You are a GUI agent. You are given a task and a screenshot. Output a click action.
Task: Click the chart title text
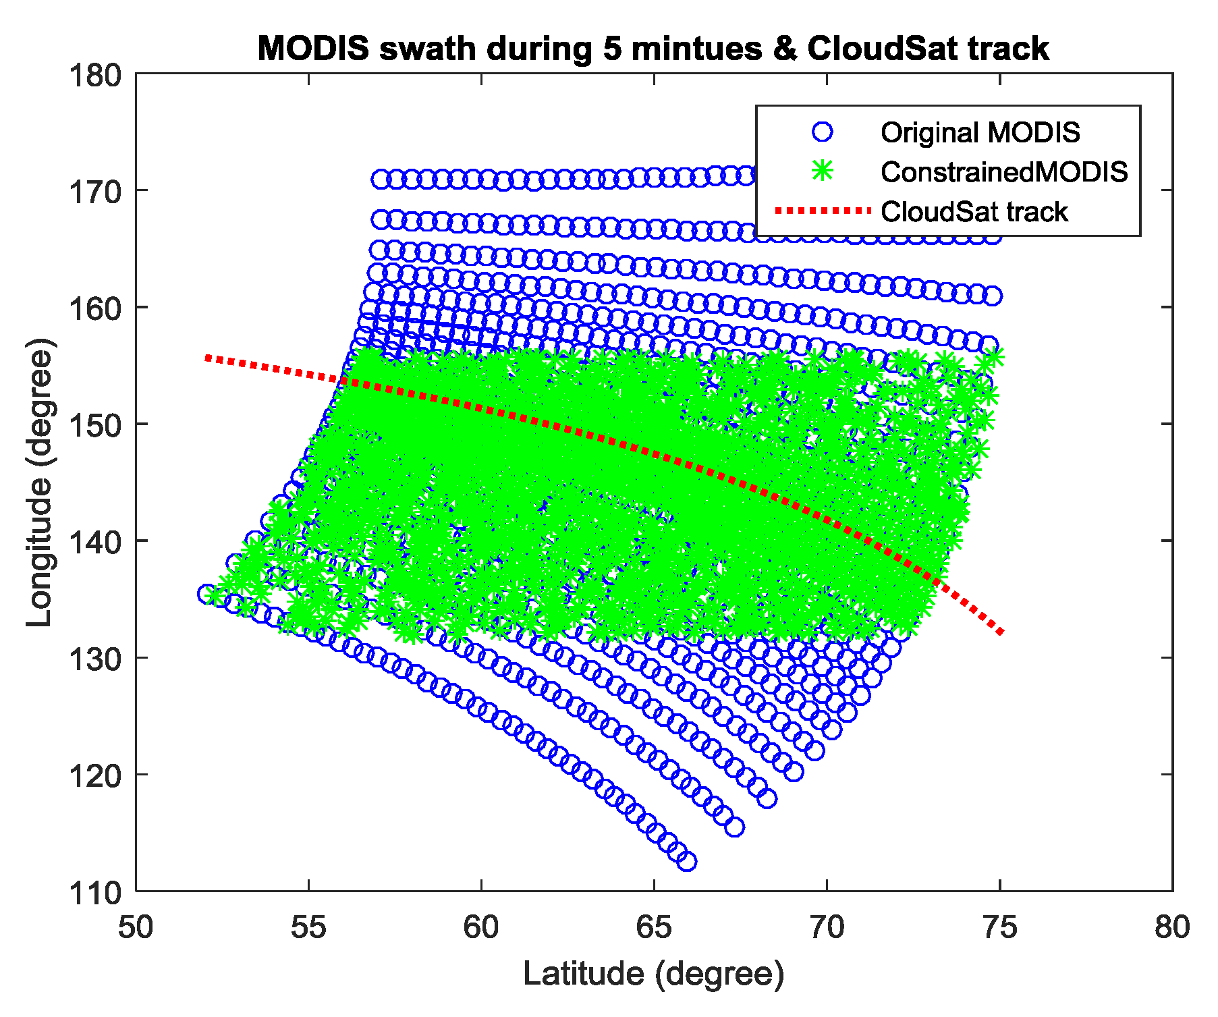pyautogui.click(x=653, y=49)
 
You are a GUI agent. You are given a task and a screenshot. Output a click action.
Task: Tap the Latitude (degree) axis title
pyautogui.click(x=654, y=974)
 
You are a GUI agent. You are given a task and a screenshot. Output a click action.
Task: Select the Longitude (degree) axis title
pyautogui.click(x=39, y=482)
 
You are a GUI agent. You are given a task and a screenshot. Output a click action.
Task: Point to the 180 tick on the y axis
pyautogui.click(x=95, y=74)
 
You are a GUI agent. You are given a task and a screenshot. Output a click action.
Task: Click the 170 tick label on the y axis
pyautogui.click(x=95, y=191)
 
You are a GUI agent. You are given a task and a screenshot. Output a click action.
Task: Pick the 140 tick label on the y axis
pyautogui.click(x=95, y=541)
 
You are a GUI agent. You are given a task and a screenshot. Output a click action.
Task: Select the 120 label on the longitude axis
pyautogui.click(x=95, y=775)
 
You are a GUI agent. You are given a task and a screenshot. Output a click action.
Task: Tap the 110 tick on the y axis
pyautogui.click(x=95, y=891)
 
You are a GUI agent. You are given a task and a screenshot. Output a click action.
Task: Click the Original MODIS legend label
pyautogui.click(x=980, y=132)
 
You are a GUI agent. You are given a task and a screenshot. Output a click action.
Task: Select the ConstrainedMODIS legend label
pyautogui.click(x=1004, y=172)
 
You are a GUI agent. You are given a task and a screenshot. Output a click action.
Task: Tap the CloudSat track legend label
pyautogui.click(x=974, y=212)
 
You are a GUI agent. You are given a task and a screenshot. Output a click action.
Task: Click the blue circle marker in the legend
pyautogui.click(x=823, y=132)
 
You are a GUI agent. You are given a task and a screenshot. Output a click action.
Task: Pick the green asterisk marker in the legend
pyautogui.click(x=823, y=171)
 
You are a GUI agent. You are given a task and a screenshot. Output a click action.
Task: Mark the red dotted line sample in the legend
pyautogui.click(x=823, y=211)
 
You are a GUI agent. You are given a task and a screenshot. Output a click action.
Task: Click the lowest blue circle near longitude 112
pyautogui.click(x=686, y=861)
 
